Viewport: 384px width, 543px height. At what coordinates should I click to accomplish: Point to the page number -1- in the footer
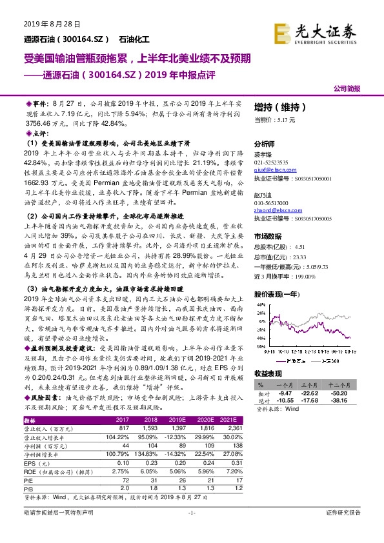[x=191, y=512]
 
